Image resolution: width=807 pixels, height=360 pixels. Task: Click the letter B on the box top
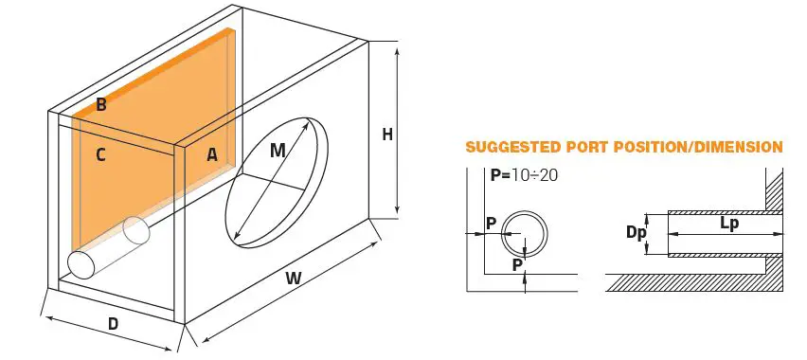100,106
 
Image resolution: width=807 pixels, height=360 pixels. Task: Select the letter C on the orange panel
100,155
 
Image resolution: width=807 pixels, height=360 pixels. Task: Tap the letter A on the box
213,155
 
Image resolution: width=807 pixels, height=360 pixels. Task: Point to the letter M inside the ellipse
277,151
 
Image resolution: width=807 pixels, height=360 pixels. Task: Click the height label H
386,135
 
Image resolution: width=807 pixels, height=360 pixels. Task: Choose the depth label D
114,324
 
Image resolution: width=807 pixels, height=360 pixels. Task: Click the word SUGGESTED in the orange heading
510,148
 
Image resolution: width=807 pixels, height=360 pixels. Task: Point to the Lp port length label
729,225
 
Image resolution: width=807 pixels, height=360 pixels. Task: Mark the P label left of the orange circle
490,224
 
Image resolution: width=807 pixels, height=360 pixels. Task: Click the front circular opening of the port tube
80,264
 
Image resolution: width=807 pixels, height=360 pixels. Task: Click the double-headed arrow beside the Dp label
649,233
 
